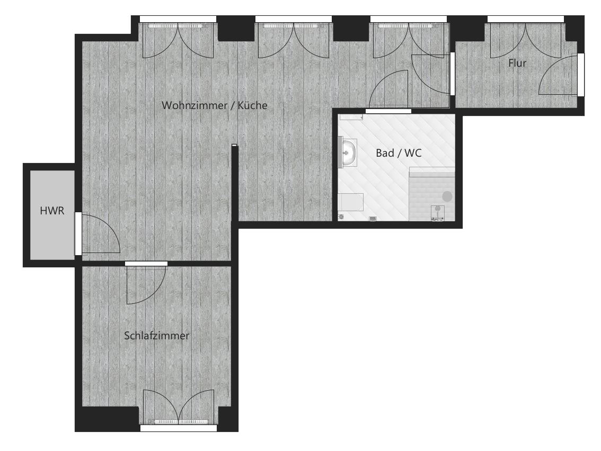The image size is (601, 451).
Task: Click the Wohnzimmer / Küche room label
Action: (214, 105)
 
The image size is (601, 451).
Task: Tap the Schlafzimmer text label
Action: (156, 336)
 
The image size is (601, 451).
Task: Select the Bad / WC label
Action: (399, 153)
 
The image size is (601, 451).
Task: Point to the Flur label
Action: (517, 63)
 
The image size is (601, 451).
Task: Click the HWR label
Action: (52, 211)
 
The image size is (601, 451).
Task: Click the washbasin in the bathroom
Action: (348, 153)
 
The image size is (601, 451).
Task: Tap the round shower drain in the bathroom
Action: (447, 196)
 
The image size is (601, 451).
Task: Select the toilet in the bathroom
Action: (350, 202)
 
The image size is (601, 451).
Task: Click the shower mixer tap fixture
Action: (437, 213)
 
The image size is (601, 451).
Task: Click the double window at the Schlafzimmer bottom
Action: (179, 408)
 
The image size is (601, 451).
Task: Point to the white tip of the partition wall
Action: (234, 146)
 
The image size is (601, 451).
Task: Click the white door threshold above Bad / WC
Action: (388, 111)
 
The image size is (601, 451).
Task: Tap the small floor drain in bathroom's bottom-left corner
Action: (341, 217)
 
